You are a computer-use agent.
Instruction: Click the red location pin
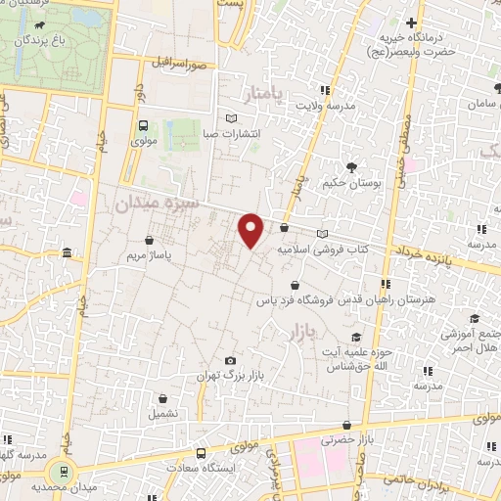[x=251, y=230]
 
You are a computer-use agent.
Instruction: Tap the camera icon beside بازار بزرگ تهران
[x=231, y=361]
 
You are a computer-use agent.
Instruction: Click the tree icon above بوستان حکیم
[x=350, y=166]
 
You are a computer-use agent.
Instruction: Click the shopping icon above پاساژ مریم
[x=148, y=239]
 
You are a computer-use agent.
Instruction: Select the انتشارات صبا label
[x=231, y=133]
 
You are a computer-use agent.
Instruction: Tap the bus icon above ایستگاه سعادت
[x=200, y=453]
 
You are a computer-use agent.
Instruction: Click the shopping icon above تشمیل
[x=162, y=399]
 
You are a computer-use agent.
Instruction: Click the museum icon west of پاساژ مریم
[x=67, y=254]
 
